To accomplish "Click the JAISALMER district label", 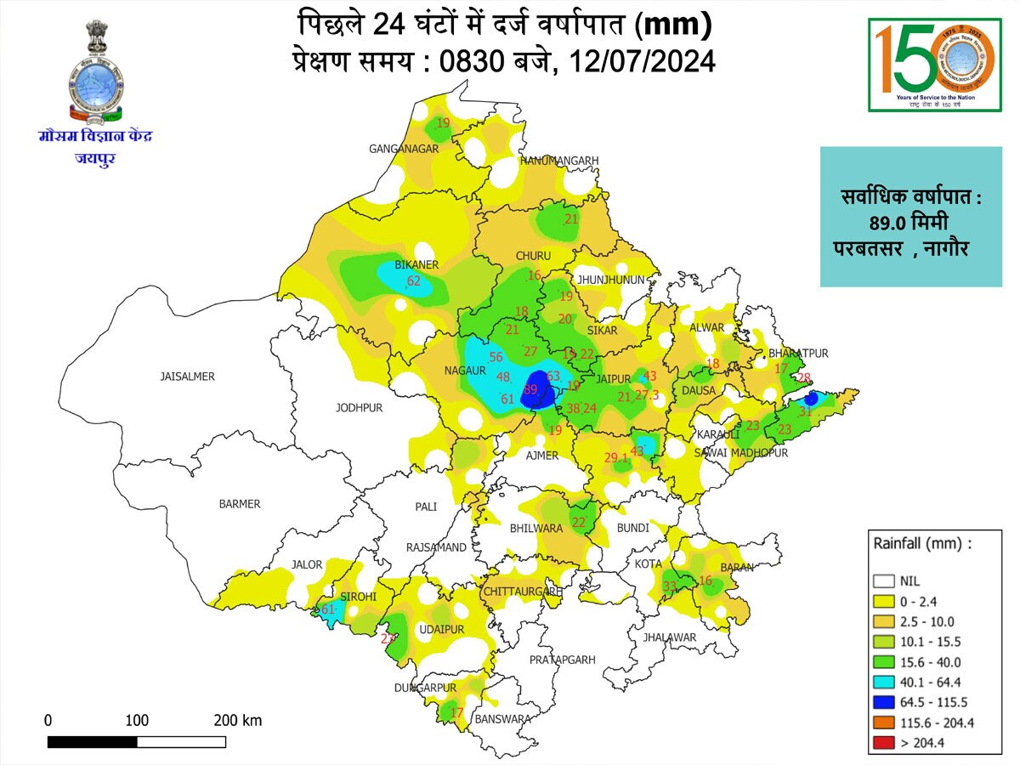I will [188, 376].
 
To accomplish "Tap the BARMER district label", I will [240, 504].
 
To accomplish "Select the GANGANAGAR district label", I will [403, 149].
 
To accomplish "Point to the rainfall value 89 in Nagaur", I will [531, 389].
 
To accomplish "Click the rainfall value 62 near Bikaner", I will [414, 281].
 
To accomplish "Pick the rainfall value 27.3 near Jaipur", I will [647, 394].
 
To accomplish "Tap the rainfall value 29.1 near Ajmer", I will [616, 458].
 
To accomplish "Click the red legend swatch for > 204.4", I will [884, 742].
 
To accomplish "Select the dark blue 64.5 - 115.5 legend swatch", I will [884, 702].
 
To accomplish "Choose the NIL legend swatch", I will [884, 581].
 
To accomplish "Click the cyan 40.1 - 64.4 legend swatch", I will [884, 682].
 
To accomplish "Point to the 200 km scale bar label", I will [237, 721].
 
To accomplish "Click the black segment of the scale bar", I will [92, 742].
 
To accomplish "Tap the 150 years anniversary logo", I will [934, 64].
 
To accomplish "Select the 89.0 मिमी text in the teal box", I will [910, 224].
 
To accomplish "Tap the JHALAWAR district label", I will [670, 637].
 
